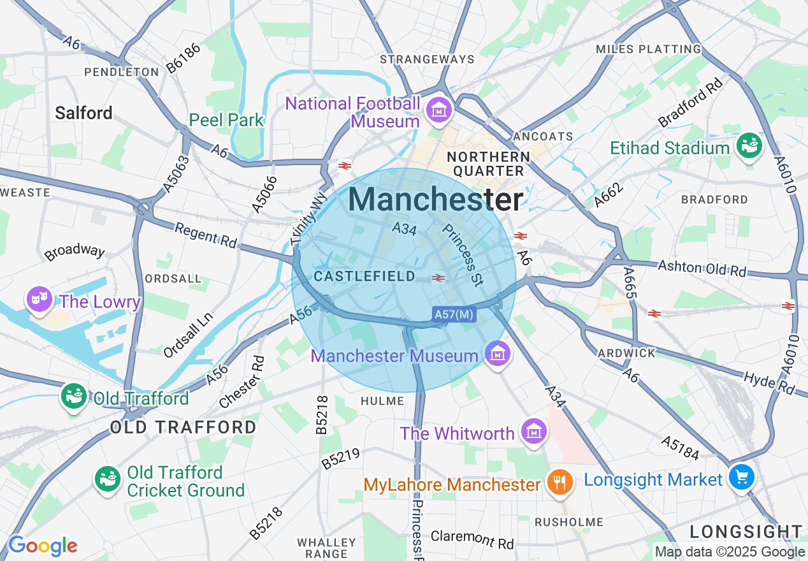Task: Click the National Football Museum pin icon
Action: coord(439,109)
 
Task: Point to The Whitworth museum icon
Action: coord(534,432)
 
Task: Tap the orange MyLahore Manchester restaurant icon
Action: coord(559,483)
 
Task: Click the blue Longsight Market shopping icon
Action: coord(742,477)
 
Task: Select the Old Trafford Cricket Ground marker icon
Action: coord(107,479)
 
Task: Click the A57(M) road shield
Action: coord(454,314)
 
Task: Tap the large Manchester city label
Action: coord(436,200)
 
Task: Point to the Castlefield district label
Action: coord(364,277)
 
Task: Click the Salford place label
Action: coord(83,113)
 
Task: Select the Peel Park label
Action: coord(226,120)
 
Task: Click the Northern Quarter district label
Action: coord(488,164)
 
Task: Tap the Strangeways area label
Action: coord(427,59)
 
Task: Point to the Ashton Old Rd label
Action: coord(702,268)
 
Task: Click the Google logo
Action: coord(43,546)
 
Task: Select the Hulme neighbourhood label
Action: coord(382,401)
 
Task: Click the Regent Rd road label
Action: coord(205,235)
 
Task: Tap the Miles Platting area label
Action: coord(648,49)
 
